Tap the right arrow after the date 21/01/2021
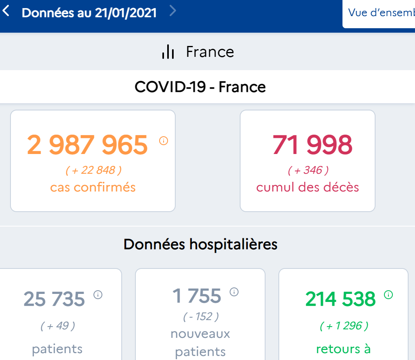coord(173,11)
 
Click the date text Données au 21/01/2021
coord(89,12)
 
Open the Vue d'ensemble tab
coord(381,13)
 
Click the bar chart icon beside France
coord(168,52)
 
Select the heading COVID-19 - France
coord(200,87)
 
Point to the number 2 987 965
coord(87,145)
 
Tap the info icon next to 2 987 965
coord(164,141)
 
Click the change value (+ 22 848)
coord(93,170)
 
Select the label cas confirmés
coord(93,187)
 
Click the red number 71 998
coord(312,145)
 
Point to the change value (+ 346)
coord(308,170)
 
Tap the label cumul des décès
coord(308,187)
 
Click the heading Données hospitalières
coord(200,244)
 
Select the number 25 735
coord(54,299)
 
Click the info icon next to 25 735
coord(98,295)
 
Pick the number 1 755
coord(197,296)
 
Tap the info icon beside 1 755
coord(234,291)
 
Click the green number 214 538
coord(340,299)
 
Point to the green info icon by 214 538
coord(388,295)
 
